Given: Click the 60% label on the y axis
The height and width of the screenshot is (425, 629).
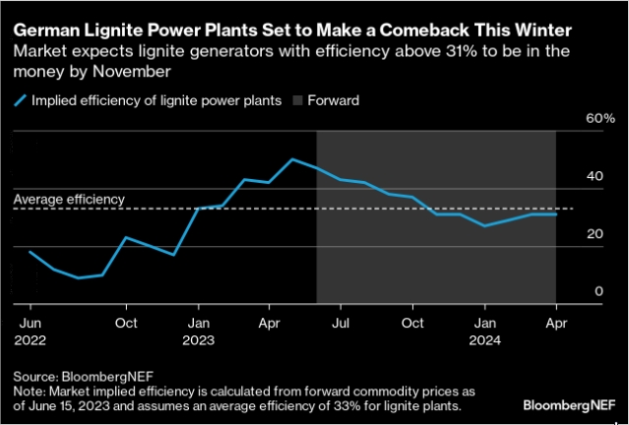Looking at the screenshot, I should tap(600, 118).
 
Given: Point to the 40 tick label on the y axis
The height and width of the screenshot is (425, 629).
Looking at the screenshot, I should tap(594, 176).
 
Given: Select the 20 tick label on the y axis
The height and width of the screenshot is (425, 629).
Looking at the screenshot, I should tap(594, 233).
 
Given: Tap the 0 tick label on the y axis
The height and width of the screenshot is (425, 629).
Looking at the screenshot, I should tap(598, 291).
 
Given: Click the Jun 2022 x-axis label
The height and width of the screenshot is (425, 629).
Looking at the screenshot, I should tap(31, 330).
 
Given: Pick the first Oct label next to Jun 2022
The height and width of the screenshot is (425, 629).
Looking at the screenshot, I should tap(125, 322).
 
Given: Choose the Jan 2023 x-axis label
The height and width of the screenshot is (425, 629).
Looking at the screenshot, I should tap(199, 330).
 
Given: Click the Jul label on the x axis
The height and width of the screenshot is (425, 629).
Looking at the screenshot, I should tap(340, 322).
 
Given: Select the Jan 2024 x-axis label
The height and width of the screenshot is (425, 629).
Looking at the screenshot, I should tap(484, 330).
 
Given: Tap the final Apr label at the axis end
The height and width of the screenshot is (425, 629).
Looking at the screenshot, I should tap(554, 322).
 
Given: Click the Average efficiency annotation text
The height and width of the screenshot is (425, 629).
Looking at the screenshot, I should tap(69, 199).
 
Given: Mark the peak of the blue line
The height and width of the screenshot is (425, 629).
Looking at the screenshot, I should tap(292, 158).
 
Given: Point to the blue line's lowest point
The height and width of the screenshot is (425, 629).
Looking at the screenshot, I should tap(78, 277).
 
